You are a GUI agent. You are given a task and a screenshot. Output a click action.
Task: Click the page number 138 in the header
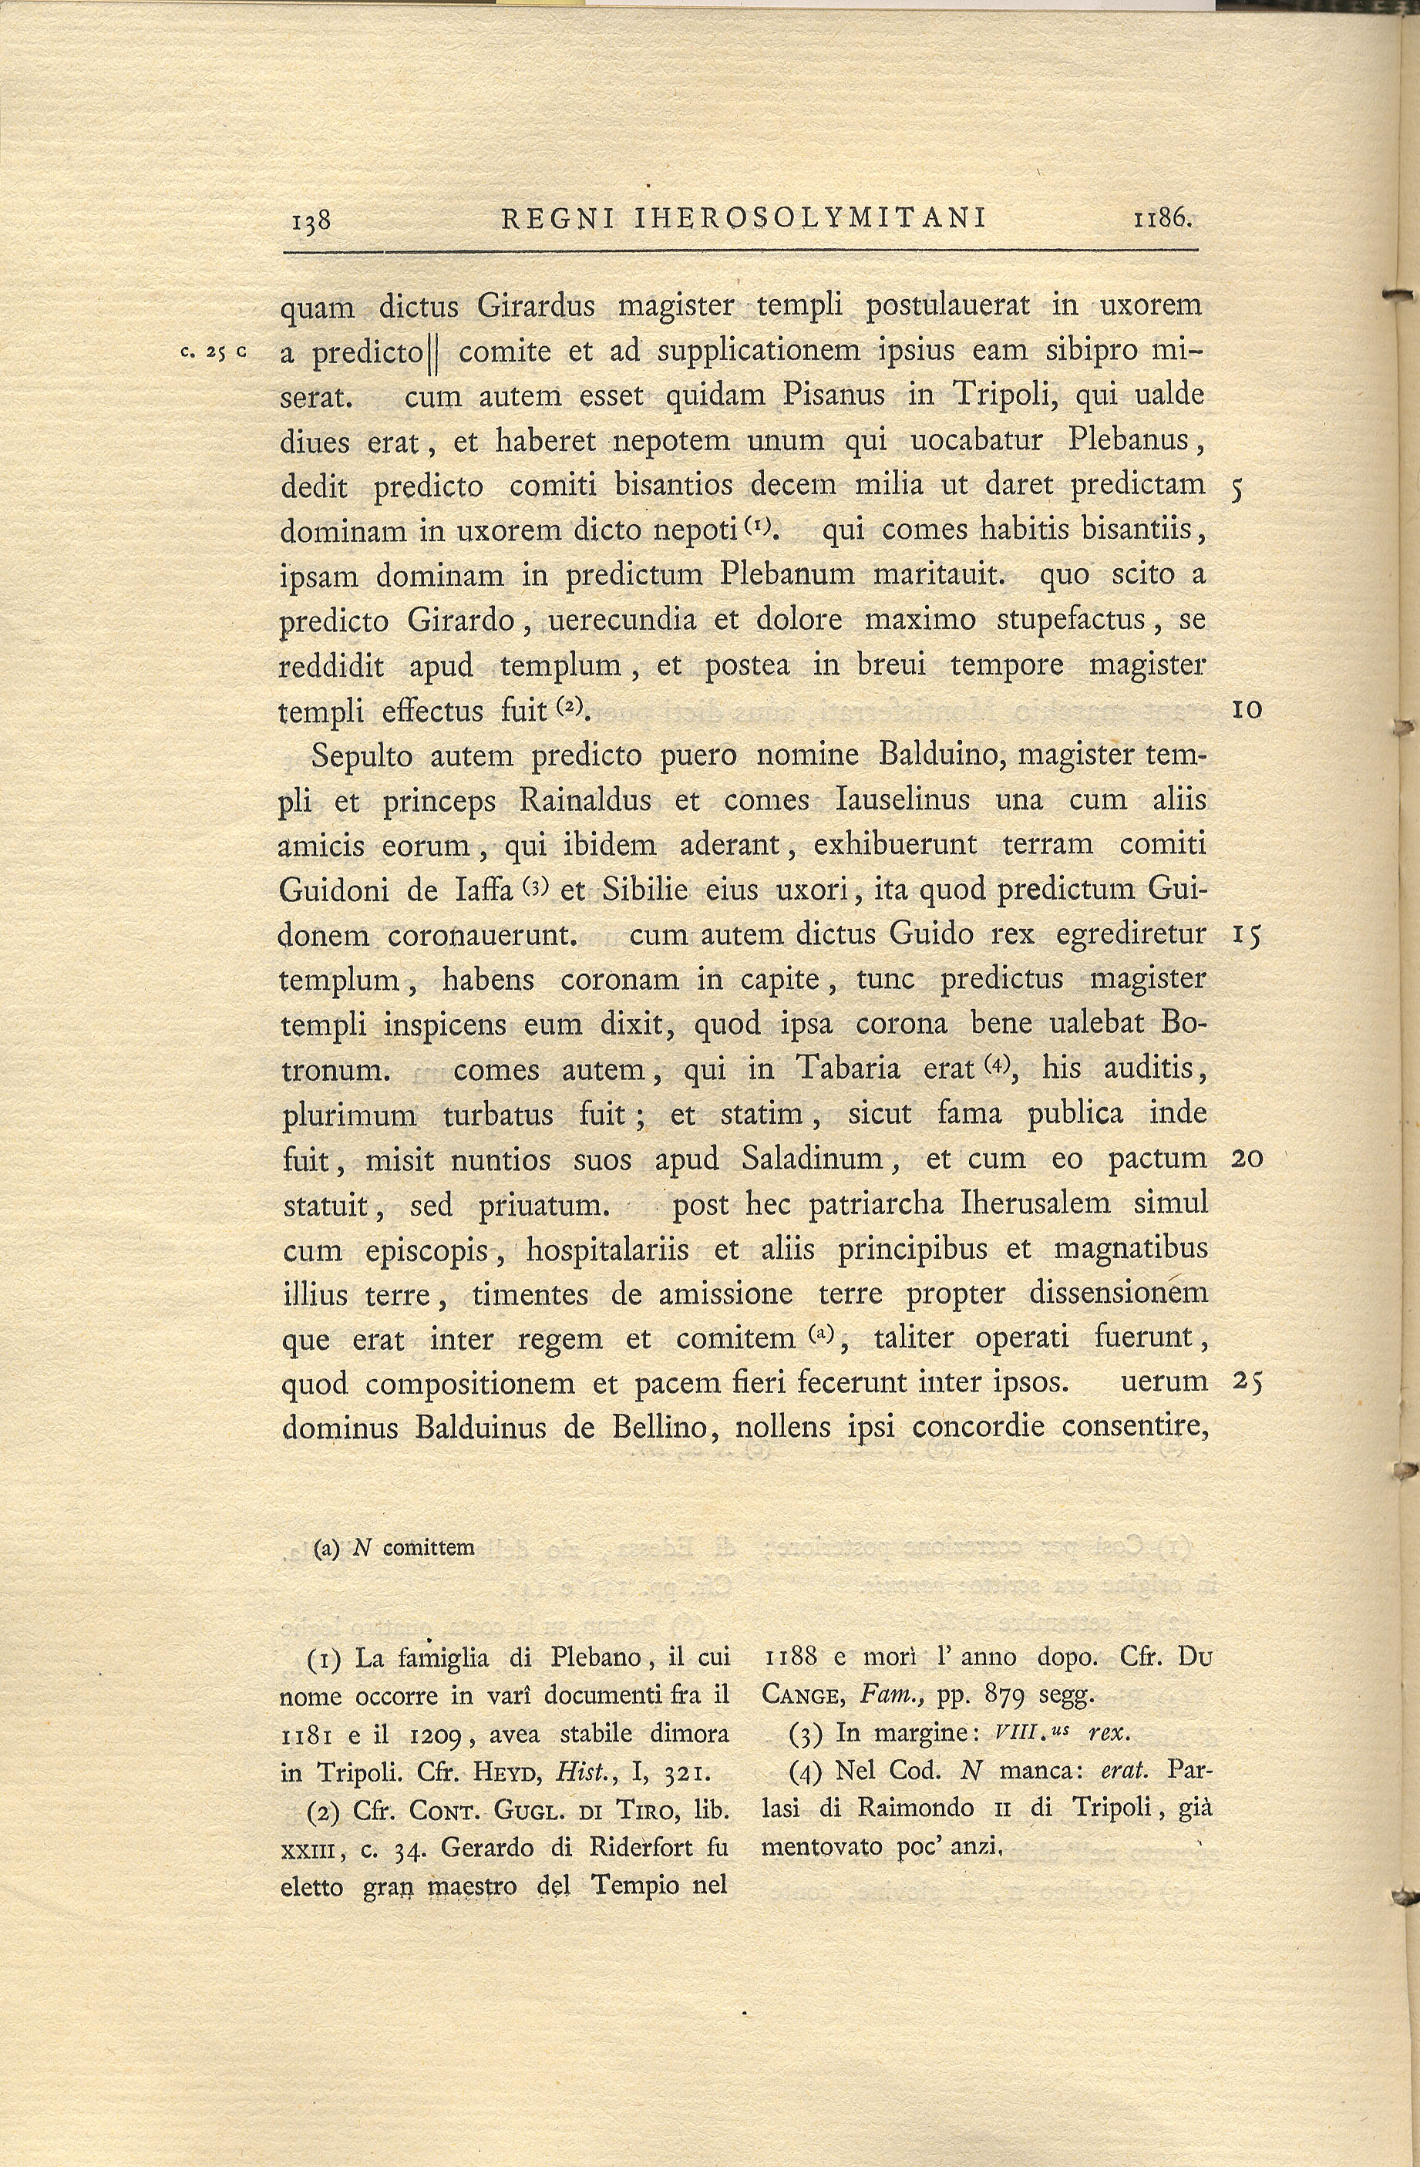click(309, 220)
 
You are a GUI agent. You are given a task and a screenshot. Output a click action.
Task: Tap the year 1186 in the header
click(1162, 218)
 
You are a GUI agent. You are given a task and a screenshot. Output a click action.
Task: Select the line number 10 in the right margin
click(1245, 709)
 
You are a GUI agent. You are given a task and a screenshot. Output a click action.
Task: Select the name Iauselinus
click(901, 800)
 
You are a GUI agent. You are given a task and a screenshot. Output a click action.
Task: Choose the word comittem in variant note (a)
click(429, 1548)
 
